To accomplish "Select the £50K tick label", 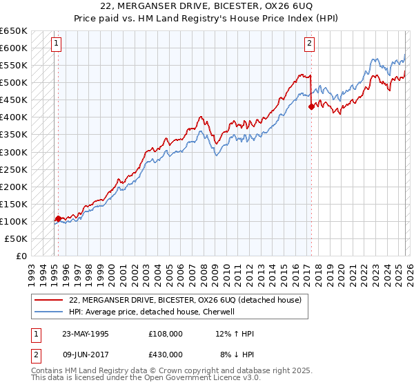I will [16, 238].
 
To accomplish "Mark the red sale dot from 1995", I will [58, 218].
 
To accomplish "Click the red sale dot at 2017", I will [311, 106].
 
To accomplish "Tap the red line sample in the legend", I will [47, 301].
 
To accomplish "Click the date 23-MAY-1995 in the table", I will [85, 334].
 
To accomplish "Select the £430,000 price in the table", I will [165, 355].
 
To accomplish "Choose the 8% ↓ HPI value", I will [236, 355].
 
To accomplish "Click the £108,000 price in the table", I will [165, 334].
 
